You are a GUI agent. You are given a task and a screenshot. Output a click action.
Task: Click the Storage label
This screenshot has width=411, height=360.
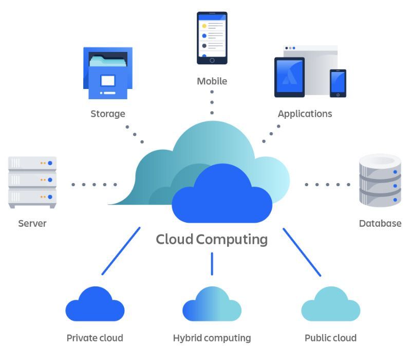[x=108, y=114]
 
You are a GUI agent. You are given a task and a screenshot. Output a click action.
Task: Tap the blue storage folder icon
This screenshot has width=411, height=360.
[x=108, y=73]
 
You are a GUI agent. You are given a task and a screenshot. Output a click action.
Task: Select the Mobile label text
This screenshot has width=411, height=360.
[x=212, y=81]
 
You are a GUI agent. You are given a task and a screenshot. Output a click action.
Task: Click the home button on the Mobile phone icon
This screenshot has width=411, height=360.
[x=212, y=60]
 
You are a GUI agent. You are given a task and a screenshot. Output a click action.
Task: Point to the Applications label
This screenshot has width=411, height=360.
[x=305, y=114]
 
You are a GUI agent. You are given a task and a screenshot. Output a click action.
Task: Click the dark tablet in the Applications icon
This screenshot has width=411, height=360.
[x=289, y=77]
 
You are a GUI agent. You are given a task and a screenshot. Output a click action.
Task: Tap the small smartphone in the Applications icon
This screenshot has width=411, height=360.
[x=338, y=83]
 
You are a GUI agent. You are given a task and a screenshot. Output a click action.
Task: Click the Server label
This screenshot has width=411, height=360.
[x=32, y=223]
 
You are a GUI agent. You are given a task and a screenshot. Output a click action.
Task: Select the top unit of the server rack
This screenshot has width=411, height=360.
[x=32, y=164]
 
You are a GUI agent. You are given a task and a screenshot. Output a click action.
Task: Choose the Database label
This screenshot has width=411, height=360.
[x=380, y=223]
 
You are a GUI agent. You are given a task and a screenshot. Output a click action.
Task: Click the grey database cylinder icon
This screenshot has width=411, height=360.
[x=380, y=180]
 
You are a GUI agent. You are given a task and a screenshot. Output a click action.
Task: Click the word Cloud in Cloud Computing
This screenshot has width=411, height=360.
[x=175, y=239]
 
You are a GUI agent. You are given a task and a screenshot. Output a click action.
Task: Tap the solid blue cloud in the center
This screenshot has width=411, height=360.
[x=222, y=195]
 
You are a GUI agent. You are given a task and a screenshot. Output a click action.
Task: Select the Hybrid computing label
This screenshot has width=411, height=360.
[x=212, y=338]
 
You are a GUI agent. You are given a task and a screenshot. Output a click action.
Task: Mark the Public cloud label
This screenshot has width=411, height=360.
[x=330, y=338]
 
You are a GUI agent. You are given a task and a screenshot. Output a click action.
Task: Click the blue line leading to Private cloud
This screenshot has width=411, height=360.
[x=121, y=251]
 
